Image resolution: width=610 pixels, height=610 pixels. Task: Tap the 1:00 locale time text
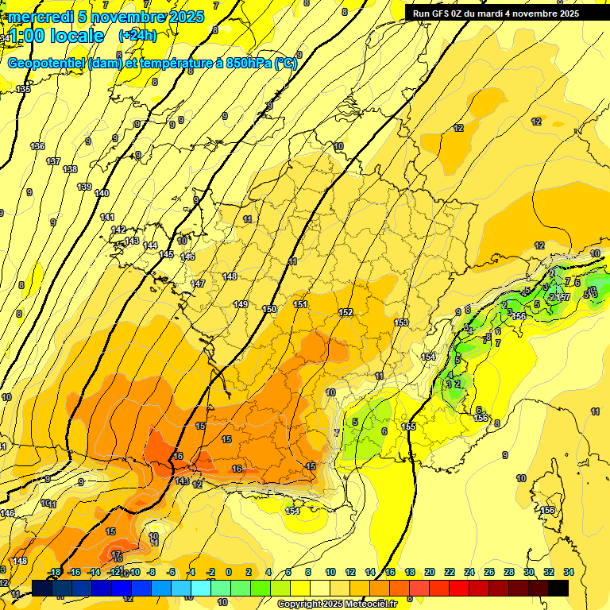pos(56,36)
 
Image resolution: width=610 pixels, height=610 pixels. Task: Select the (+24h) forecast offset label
pos(137,36)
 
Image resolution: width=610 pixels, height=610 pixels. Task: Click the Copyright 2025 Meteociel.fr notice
pos(337,604)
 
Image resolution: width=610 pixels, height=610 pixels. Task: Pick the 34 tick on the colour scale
pos(569,572)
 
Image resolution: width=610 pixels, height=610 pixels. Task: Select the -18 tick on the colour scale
pos(55,572)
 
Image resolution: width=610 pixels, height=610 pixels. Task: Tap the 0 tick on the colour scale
pos(228,572)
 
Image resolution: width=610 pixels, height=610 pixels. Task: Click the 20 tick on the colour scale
pos(429,572)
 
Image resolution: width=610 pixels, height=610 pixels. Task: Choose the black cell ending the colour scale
pos(558,588)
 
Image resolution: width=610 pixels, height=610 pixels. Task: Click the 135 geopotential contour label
pos(23,89)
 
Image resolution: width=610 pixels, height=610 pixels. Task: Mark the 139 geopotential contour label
pos(84,187)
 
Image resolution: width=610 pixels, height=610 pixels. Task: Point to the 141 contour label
pos(107,217)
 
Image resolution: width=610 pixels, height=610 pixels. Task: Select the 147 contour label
pos(198,284)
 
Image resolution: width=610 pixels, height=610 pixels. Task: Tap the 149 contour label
pos(241,304)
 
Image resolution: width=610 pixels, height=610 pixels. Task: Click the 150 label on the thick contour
pos(270,309)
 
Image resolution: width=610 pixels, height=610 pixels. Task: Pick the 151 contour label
pos(300,304)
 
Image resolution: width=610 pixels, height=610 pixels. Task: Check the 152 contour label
pos(346,312)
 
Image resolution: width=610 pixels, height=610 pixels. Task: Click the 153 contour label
pos(401,322)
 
